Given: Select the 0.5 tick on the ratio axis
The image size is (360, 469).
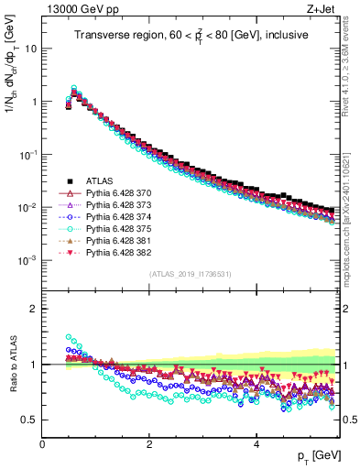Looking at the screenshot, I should [x=31, y=420].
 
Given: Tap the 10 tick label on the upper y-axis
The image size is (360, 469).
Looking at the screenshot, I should [x=29, y=49].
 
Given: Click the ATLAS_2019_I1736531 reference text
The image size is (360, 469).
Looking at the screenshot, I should [x=191, y=274].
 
